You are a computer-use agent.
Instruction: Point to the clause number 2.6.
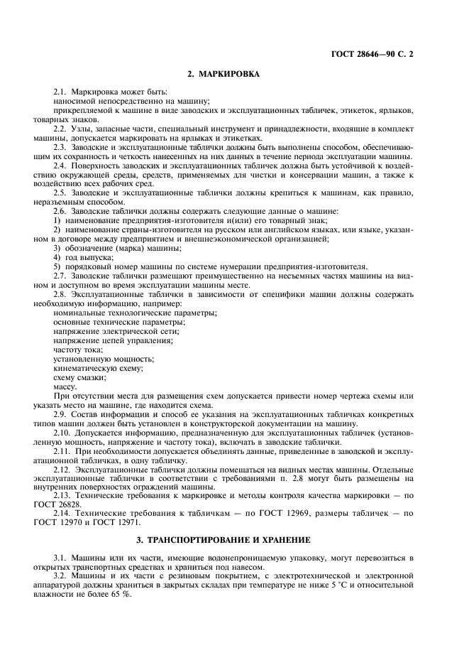[61, 211]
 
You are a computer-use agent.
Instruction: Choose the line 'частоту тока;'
[78, 350]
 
